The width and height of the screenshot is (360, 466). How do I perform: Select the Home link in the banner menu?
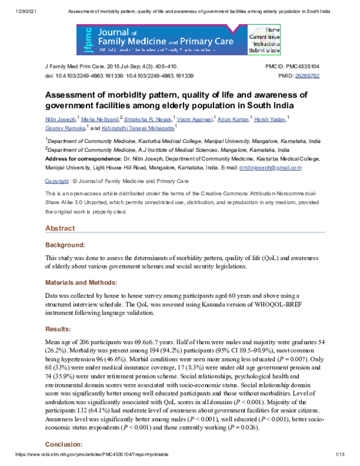pos(273,29)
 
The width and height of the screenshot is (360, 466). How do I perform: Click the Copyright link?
pos(57,181)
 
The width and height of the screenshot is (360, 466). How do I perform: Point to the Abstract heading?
pos(60,228)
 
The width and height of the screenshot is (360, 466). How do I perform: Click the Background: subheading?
pos(66,244)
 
